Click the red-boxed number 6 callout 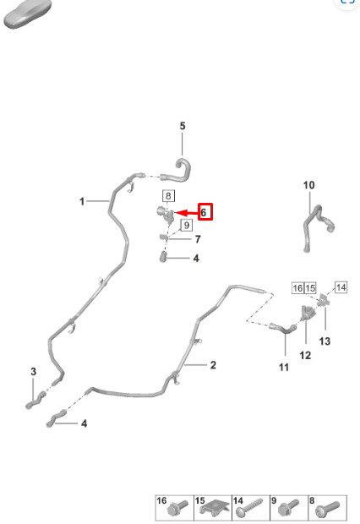[x=205, y=212]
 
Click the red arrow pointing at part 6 [x=186, y=213]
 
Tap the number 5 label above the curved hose [x=183, y=126]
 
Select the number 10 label [x=308, y=185]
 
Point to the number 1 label [x=82, y=201]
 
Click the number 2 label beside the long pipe [x=213, y=365]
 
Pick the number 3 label [x=34, y=371]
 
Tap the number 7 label [x=198, y=239]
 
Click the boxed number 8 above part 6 [x=168, y=196]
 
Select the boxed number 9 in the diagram [x=187, y=226]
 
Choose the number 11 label [x=284, y=368]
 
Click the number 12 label [x=305, y=355]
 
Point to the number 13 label [x=325, y=341]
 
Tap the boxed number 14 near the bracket [x=341, y=287]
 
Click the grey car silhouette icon [x=28, y=14]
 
